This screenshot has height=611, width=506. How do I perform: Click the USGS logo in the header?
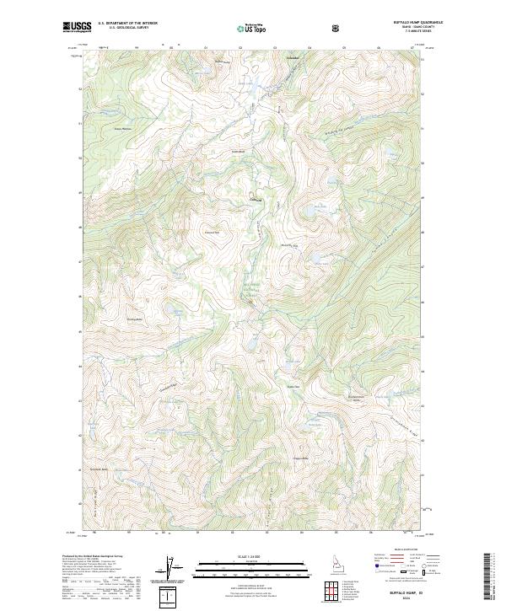(x=77, y=27)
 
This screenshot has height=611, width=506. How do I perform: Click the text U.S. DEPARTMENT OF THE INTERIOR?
(x=127, y=24)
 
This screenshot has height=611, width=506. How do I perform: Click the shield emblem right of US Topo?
(x=337, y=28)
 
